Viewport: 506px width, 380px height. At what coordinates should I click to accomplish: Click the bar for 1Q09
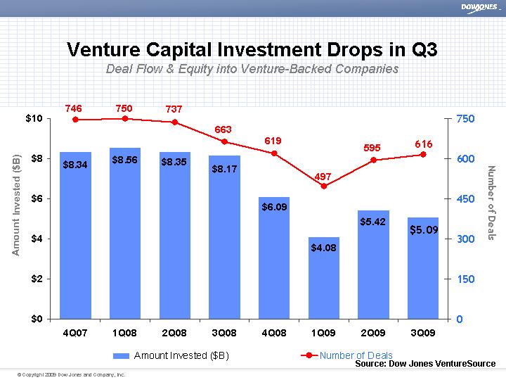click(324, 278)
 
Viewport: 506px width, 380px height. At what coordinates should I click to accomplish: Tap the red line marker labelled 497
click(323, 186)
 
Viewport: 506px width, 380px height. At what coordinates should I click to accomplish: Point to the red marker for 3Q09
click(423, 155)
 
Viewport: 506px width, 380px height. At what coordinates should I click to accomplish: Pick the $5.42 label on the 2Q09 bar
click(373, 222)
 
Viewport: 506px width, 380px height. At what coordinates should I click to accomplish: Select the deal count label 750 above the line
click(124, 108)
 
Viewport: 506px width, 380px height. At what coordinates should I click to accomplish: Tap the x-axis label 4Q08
click(273, 333)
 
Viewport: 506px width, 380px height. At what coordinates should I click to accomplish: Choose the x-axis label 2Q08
click(174, 333)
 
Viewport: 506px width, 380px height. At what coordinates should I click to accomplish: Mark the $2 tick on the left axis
click(37, 279)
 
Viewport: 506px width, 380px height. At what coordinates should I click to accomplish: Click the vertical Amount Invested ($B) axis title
click(16, 204)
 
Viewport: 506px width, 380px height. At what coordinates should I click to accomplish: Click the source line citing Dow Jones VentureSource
click(425, 364)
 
